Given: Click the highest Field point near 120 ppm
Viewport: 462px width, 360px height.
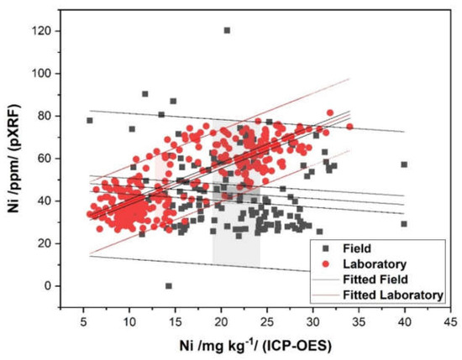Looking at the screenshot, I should pyautogui.click(x=227, y=30).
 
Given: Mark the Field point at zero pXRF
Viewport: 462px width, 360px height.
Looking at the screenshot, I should pyautogui.click(x=169, y=286).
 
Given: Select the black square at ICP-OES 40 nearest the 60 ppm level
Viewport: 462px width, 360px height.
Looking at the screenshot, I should pyautogui.click(x=404, y=164).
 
